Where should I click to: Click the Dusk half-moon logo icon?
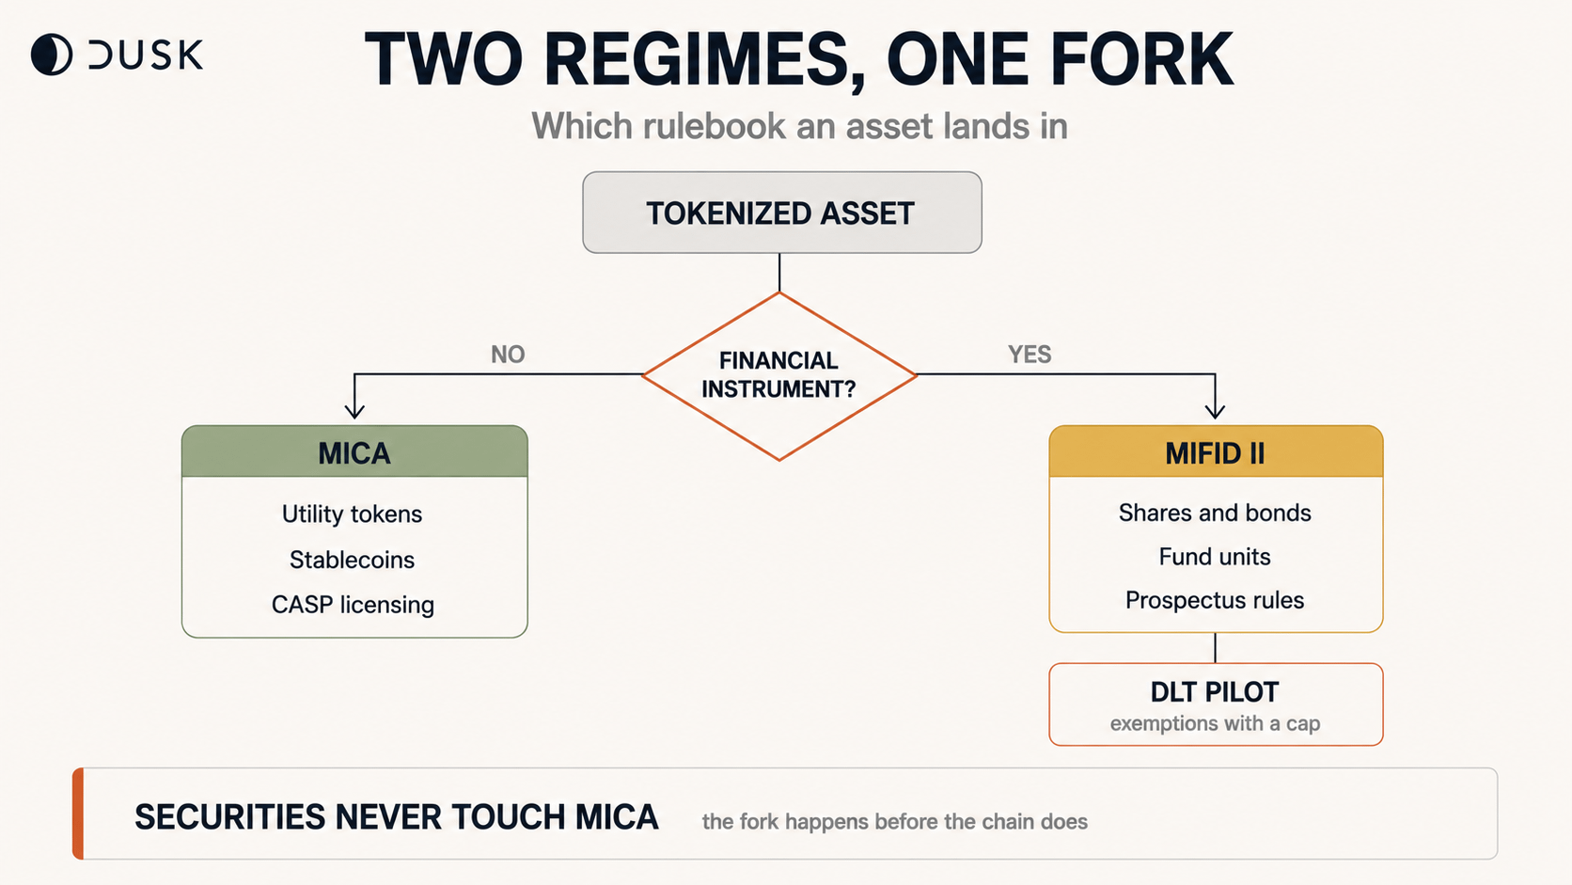pyautogui.click(x=51, y=54)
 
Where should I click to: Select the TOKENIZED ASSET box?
pyautogui.click(x=782, y=212)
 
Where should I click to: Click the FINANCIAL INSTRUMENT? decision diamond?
pyautogui.click(x=779, y=376)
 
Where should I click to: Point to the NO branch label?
pyautogui.click(x=508, y=355)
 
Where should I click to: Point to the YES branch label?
pyautogui.click(x=1030, y=355)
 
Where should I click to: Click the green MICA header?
pyautogui.click(x=354, y=451)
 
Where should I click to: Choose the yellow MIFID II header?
pyautogui.click(x=1216, y=451)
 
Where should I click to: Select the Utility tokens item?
pyautogui.click(x=352, y=514)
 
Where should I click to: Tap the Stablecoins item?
pyautogui.click(x=352, y=560)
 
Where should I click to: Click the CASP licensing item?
pyautogui.click(x=353, y=605)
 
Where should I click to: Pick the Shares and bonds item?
pyautogui.click(x=1215, y=513)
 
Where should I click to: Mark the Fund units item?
pyautogui.click(x=1215, y=557)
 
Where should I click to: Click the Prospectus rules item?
pyautogui.click(x=1215, y=600)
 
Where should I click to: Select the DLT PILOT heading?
pyautogui.click(x=1215, y=692)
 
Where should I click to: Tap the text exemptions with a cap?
pyautogui.click(x=1215, y=723)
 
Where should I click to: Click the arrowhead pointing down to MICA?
pyautogui.click(x=354, y=411)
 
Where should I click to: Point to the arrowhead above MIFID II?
pyautogui.click(x=1215, y=411)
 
